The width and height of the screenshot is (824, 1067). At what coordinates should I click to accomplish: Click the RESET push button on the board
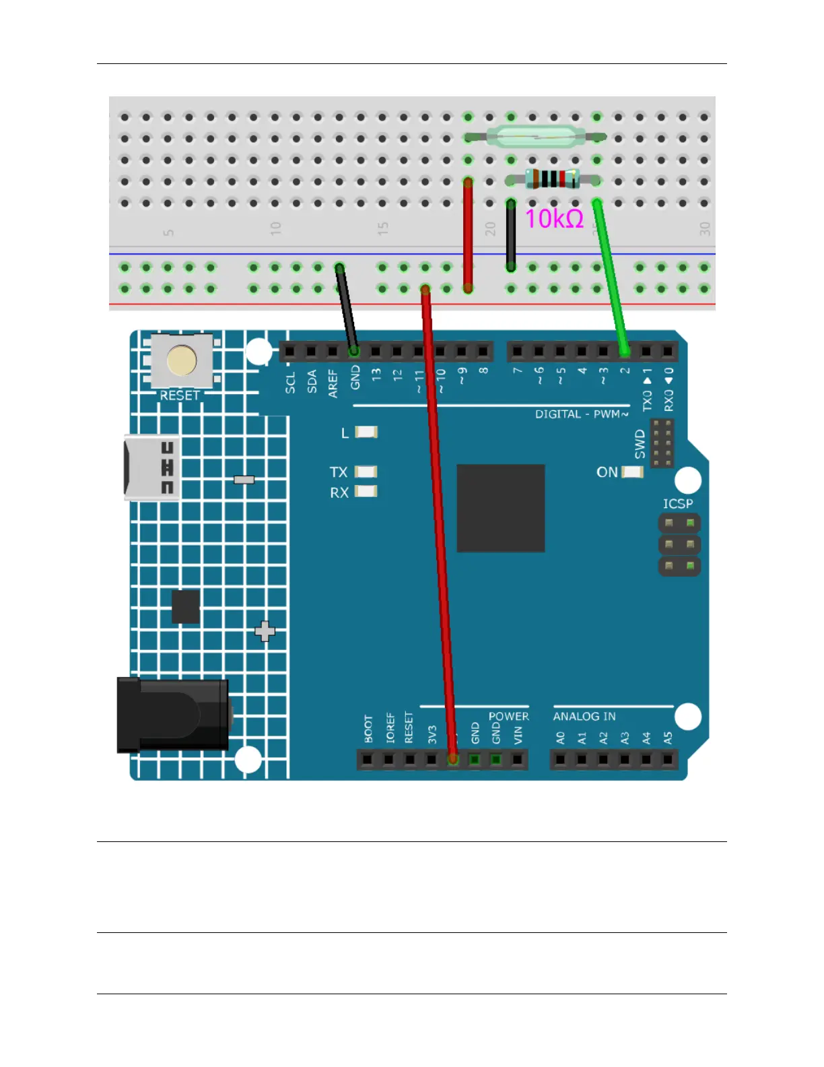pyautogui.click(x=182, y=361)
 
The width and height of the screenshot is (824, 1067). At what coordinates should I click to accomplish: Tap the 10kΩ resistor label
pyautogui.click(x=553, y=219)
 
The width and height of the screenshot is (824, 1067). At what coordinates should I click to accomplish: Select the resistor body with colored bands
pyautogui.click(x=552, y=179)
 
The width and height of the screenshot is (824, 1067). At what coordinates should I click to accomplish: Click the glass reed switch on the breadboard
pyautogui.click(x=535, y=137)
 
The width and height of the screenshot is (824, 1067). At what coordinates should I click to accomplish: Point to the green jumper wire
pyautogui.click(x=611, y=276)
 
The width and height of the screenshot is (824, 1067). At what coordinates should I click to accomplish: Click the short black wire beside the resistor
pyautogui.click(x=511, y=236)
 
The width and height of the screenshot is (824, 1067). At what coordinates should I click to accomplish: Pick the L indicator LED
pyautogui.click(x=366, y=432)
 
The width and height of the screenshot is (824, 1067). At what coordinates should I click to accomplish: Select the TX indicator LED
pyautogui.click(x=366, y=472)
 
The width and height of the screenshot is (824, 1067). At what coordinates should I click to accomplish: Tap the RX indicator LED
pyautogui.click(x=366, y=491)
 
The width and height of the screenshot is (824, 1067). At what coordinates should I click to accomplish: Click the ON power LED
pyautogui.click(x=632, y=472)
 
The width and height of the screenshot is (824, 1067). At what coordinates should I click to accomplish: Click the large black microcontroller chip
pyautogui.click(x=500, y=508)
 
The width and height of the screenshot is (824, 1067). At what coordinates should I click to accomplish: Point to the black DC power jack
pyautogui.click(x=173, y=715)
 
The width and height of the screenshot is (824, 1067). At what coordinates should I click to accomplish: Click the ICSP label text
pyautogui.click(x=677, y=504)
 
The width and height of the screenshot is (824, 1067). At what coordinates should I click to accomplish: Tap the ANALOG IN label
pyautogui.click(x=584, y=717)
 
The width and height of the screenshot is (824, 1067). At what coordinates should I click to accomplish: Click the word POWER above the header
pyautogui.click(x=508, y=716)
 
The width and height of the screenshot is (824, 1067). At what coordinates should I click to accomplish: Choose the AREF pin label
pyautogui.click(x=333, y=383)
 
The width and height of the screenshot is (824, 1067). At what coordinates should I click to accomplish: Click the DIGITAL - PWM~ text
pyautogui.click(x=582, y=414)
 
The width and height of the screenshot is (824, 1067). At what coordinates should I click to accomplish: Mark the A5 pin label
pyautogui.click(x=668, y=738)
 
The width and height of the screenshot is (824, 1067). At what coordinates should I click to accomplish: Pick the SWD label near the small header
pyautogui.click(x=640, y=445)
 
